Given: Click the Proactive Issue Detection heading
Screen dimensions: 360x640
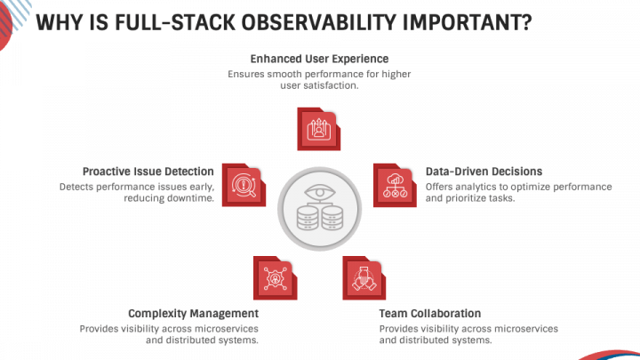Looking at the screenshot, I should [148, 172].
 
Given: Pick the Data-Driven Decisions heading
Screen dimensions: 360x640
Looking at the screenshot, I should [484, 172].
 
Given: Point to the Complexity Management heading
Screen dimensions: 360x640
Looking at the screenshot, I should [193, 314].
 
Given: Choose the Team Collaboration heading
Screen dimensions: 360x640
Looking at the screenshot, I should [430, 314].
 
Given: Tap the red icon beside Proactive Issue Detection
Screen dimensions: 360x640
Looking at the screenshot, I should [244, 185].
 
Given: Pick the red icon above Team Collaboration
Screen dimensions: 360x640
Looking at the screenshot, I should [364, 277].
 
